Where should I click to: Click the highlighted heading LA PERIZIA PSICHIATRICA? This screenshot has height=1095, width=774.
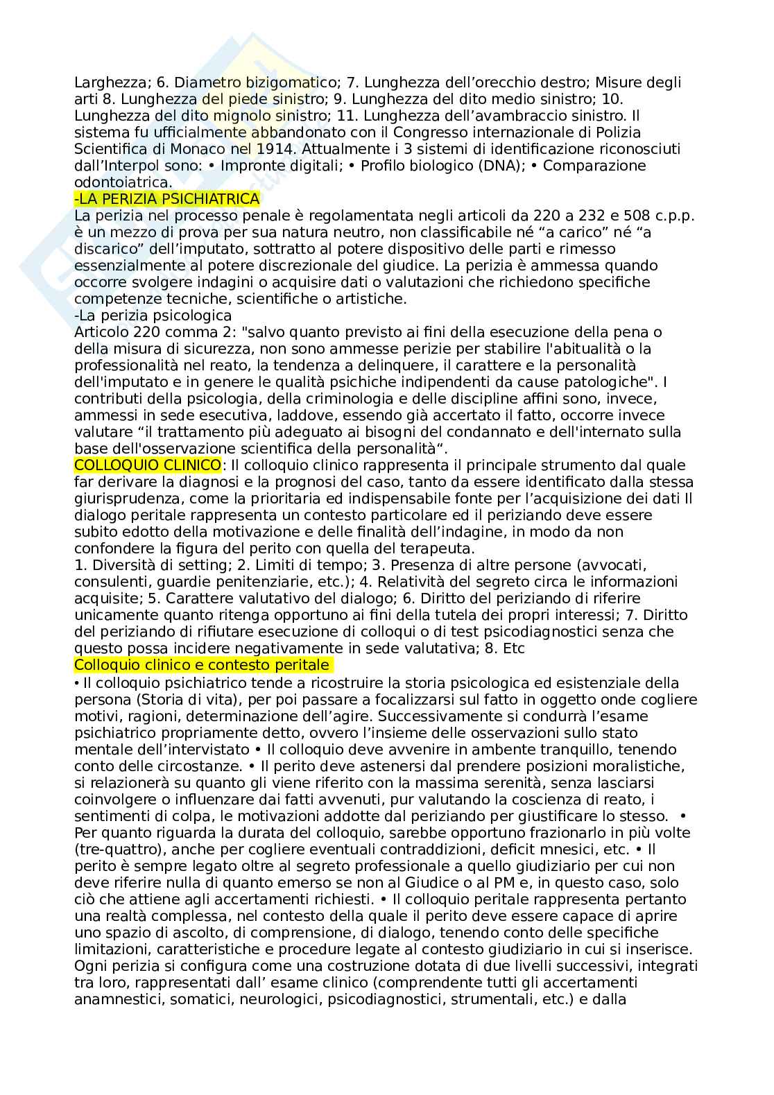(x=167, y=199)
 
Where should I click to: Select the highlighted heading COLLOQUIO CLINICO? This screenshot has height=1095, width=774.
(x=148, y=465)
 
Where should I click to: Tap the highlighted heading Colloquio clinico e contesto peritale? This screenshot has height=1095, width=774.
(x=202, y=664)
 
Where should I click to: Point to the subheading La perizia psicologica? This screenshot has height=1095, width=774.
(x=153, y=316)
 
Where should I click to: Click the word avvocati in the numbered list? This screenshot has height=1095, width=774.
(x=621, y=564)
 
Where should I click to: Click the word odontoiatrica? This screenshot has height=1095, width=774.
(x=122, y=182)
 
